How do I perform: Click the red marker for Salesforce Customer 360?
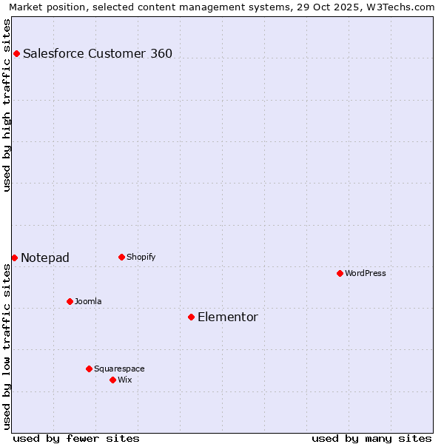(x=16, y=53)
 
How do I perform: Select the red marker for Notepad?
(x=14, y=258)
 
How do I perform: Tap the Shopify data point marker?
(x=121, y=257)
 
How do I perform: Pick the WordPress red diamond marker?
(x=340, y=273)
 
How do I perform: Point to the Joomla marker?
(x=70, y=301)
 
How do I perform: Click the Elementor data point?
(x=191, y=317)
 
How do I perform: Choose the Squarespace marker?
(x=89, y=369)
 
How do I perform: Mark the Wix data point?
(x=112, y=380)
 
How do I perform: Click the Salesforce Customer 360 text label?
(x=98, y=53)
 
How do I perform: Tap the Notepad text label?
(x=45, y=258)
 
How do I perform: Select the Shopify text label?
(x=141, y=257)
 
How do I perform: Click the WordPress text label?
(x=366, y=273)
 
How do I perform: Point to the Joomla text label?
(x=88, y=301)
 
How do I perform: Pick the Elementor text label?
(x=228, y=317)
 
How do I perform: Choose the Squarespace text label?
(x=119, y=369)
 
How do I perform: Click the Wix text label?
(x=125, y=380)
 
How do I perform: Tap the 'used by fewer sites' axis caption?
(x=76, y=438)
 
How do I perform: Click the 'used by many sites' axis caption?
(x=371, y=438)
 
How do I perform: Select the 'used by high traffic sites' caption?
(x=7, y=106)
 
